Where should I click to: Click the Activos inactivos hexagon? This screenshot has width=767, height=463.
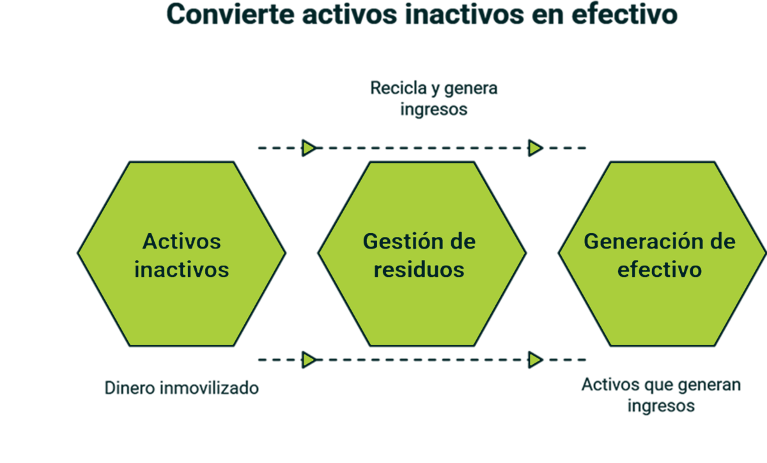(x=182, y=254)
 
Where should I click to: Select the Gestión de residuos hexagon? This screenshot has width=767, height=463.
(x=422, y=254)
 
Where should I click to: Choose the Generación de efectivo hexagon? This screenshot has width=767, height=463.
(x=661, y=254)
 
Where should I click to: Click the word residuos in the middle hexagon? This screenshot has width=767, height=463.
(x=419, y=269)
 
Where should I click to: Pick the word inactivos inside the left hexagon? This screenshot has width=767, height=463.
(x=182, y=269)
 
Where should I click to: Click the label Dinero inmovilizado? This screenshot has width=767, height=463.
(x=182, y=388)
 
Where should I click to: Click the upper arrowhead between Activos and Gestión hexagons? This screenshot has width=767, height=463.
(x=309, y=148)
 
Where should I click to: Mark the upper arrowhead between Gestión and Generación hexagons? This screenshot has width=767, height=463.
(x=534, y=148)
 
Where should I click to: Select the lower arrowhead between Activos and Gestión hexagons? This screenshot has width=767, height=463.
(x=309, y=360)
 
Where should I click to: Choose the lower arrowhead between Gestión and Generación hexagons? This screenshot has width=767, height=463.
(x=534, y=360)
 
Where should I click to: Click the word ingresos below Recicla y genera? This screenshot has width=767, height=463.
(x=434, y=109)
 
